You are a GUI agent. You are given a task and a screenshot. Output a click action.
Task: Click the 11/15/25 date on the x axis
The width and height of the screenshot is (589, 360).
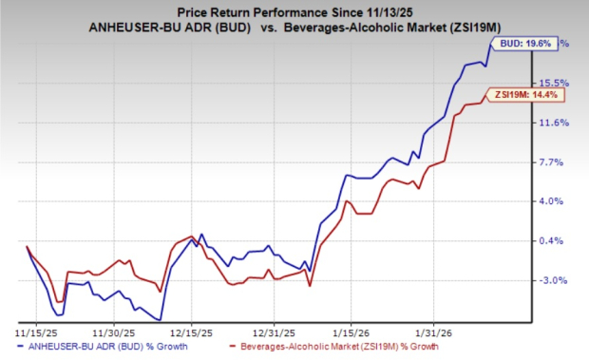pyautogui.click(x=34, y=332)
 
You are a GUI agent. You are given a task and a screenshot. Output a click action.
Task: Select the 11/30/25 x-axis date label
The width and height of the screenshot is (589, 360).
pyautogui.click(x=112, y=332)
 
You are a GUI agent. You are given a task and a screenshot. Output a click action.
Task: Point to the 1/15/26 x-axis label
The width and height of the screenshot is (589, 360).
pyautogui.click(x=352, y=332)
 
